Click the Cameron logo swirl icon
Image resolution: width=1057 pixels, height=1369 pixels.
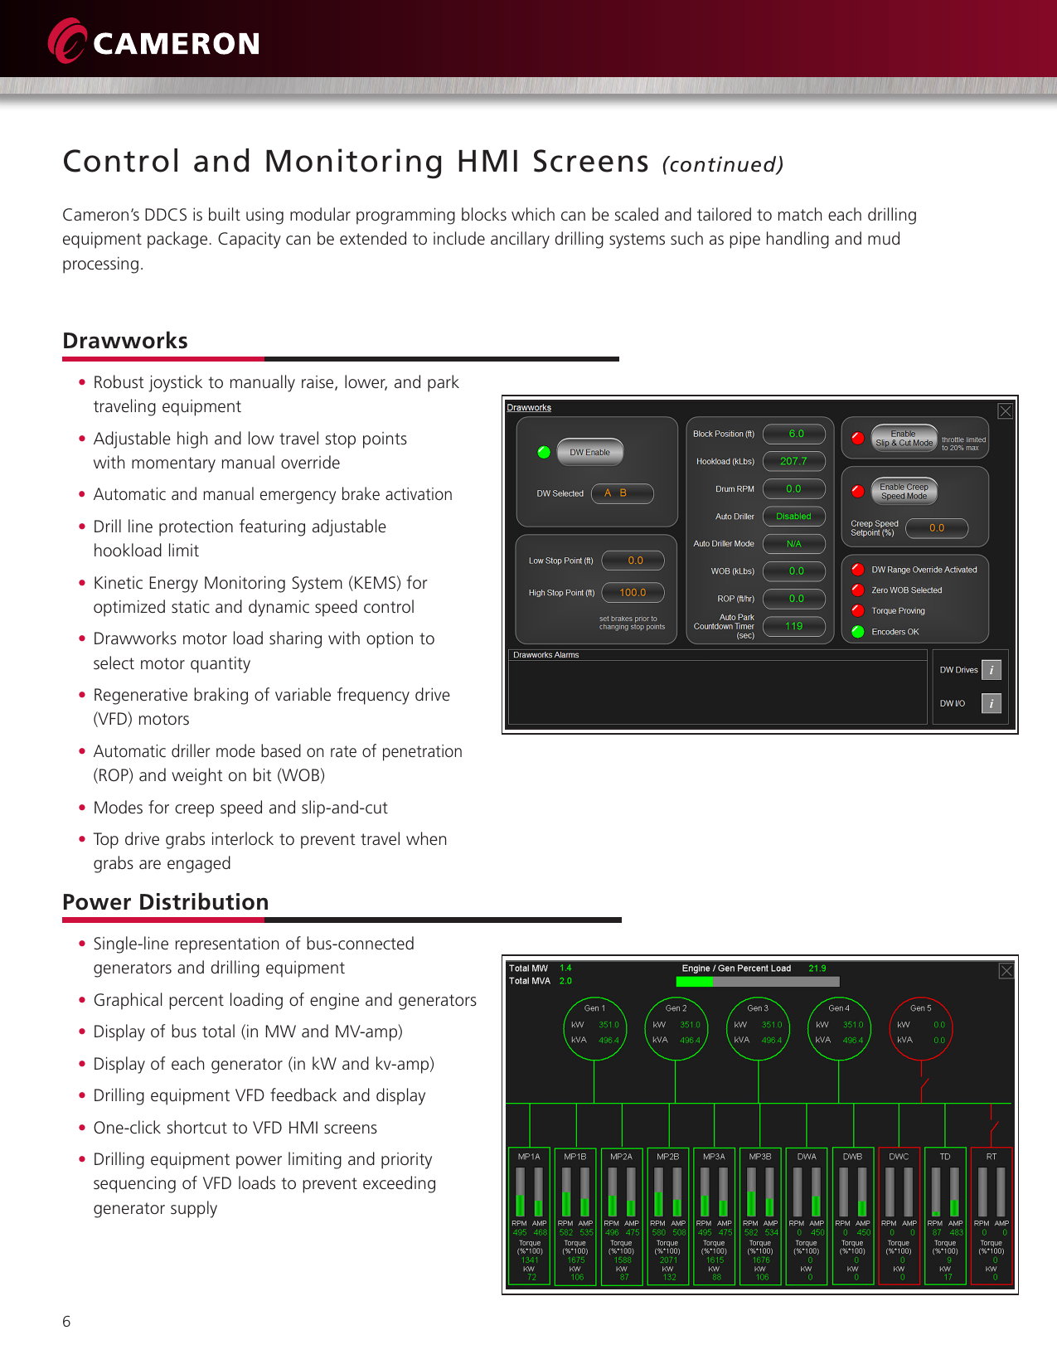(x=67, y=41)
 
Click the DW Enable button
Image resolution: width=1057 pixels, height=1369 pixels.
(x=589, y=452)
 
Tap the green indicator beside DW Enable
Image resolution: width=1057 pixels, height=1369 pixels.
(x=544, y=452)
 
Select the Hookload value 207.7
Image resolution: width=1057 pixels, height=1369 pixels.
(x=793, y=461)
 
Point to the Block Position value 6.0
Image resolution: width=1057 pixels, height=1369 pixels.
(x=795, y=434)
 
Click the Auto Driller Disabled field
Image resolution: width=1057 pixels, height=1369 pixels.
(x=793, y=516)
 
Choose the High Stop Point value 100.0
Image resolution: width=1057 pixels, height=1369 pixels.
(x=633, y=592)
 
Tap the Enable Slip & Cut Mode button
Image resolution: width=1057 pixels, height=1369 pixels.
(x=904, y=438)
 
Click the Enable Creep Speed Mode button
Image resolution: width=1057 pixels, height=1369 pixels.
(x=904, y=491)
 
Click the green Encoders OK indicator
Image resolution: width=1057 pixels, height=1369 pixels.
(x=858, y=631)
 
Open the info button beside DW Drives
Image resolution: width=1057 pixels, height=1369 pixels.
(x=992, y=670)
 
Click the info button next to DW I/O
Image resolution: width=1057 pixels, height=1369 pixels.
(x=992, y=703)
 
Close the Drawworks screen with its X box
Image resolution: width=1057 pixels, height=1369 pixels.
(x=1005, y=411)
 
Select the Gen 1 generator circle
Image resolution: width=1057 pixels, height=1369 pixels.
(x=594, y=1028)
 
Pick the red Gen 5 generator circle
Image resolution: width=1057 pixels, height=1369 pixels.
(x=920, y=1028)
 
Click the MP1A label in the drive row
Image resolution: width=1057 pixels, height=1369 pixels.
(x=529, y=1156)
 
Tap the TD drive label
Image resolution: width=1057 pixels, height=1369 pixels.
(x=945, y=1156)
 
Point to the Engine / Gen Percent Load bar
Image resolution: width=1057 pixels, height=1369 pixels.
(x=758, y=982)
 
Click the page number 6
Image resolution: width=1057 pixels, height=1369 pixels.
(x=66, y=1322)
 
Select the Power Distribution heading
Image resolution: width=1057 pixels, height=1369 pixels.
(x=166, y=902)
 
